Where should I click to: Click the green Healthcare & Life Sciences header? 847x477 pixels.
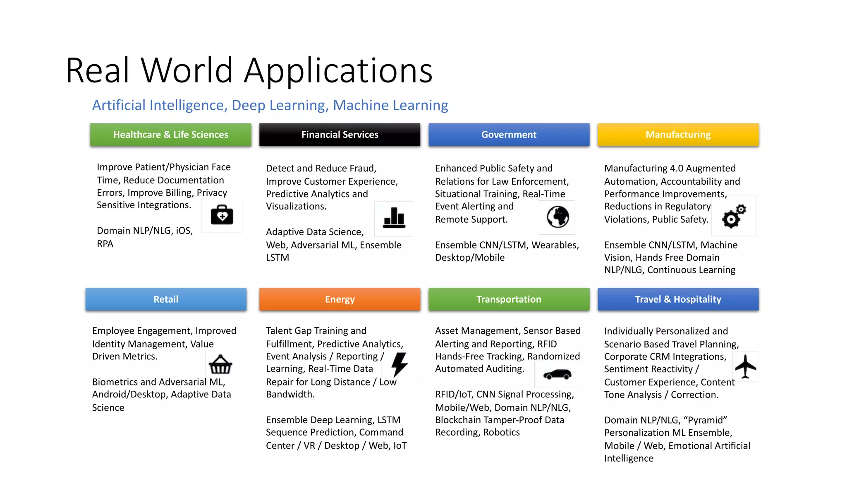point(170,135)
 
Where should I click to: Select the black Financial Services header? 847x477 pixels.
point(340,135)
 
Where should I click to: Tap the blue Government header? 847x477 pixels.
point(509,135)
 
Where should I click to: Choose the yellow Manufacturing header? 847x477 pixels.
point(678,135)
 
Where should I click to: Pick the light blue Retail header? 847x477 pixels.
point(166,299)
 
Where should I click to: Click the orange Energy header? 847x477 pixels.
point(340,299)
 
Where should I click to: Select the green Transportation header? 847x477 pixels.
point(509,299)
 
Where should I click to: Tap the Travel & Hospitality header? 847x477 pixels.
point(678,299)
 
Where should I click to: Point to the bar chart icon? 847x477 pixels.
point(394,218)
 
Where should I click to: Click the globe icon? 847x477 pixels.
point(557,217)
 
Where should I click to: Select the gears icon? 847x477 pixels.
point(734,216)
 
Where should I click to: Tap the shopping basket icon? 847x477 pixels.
point(220,365)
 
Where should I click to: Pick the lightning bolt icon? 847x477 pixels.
point(400,364)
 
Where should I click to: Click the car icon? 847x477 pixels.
point(557,374)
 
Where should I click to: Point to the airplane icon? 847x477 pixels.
point(745,366)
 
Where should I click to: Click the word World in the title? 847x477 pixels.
point(187,70)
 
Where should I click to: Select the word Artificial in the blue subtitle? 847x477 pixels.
point(119,105)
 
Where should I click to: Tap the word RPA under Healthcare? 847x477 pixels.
point(105,244)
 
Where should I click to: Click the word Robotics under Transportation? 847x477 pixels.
point(501,432)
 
